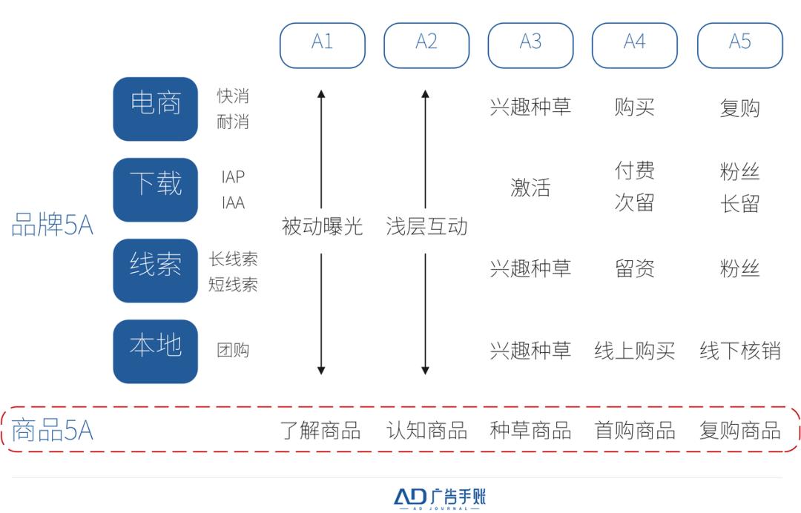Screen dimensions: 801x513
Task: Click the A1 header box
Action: tap(323, 45)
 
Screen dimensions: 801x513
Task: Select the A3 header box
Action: tap(530, 45)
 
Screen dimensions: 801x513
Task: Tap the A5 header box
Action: tap(739, 45)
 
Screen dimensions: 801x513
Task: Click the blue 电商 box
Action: tap(155, 109)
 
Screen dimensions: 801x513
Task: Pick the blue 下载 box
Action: tap(155, 189)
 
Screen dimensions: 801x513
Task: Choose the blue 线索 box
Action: tap(155, 271)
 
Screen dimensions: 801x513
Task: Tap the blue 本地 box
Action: tap(155, 351)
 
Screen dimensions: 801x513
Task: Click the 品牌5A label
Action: tap(52, 225)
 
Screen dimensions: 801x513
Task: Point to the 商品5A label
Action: tap(52, 430)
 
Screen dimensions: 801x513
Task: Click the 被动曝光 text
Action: tap(323, 226)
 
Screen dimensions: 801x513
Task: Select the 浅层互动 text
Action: tap(426, 226)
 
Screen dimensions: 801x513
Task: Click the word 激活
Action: tap(530, 188)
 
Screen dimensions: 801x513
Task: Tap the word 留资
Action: tap(634, 268)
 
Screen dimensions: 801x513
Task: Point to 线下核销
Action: tap(739, 351)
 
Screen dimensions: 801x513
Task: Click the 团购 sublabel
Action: tap(233, 350)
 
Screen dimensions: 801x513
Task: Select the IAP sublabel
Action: tap(233, 176)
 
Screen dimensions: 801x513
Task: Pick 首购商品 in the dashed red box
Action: tap(634, 430)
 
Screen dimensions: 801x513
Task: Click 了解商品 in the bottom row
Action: tap(320, 430)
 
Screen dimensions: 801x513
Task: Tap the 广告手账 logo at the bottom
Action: tap(439, 498)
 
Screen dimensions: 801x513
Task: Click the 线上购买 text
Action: tap(634, 351)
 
